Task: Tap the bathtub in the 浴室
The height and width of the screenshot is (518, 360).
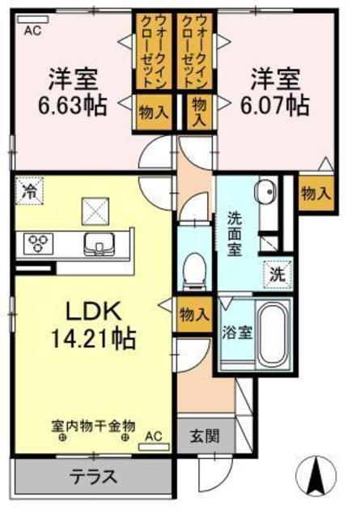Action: pos(272,334)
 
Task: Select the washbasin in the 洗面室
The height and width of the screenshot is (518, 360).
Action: pos(265,191)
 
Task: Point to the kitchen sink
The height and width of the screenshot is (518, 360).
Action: pos(99,244)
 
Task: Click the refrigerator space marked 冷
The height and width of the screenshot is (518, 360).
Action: pos(29,191)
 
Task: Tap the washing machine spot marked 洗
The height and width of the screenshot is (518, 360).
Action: pos(277,274)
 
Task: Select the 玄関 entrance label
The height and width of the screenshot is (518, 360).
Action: pos(205,436)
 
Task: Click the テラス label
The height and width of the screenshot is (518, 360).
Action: pos(94,476)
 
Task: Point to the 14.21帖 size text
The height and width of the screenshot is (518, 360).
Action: pos(93,339)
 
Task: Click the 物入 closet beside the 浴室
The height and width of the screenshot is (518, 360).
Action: pos(194,314)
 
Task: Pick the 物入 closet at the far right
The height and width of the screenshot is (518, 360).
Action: pos(316,193)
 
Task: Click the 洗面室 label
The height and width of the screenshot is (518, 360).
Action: pos(235,235)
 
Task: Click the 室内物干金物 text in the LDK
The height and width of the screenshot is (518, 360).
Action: pos(93,426)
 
